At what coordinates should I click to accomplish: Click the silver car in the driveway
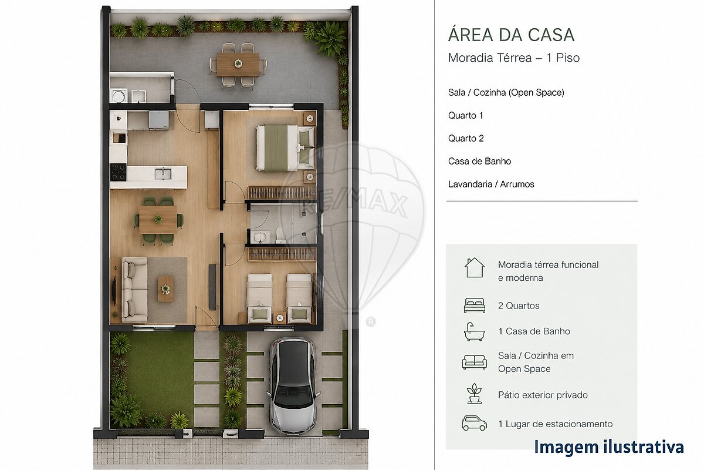coord(293,385)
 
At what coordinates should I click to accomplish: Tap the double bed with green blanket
coord(285,148)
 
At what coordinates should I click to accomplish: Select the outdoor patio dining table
coord(238,65)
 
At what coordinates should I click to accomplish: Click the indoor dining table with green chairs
coord(158,219)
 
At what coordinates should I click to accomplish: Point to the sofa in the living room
coord(134,290)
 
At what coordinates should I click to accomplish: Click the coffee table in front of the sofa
coord(165,289)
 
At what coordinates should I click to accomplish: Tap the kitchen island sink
coord(163,174)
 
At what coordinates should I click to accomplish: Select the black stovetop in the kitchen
coord(118,172)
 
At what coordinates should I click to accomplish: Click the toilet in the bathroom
coord(280,235)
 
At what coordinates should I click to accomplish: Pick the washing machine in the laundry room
coord(119,96)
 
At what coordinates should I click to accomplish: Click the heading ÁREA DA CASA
coord(512,34)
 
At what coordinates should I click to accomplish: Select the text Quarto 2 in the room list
coord(466,138)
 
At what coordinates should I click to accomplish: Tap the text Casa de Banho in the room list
coord(480,161)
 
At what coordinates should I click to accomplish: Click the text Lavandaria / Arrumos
coord(491,184)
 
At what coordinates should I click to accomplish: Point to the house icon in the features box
coord(475,267)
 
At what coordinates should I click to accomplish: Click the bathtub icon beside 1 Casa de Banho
coord(475,331)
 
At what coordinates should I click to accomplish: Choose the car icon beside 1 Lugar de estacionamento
coord(474,423)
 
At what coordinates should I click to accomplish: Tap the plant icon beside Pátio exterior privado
coord(475,394)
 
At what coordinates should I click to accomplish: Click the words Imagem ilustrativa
coord(609,447)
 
